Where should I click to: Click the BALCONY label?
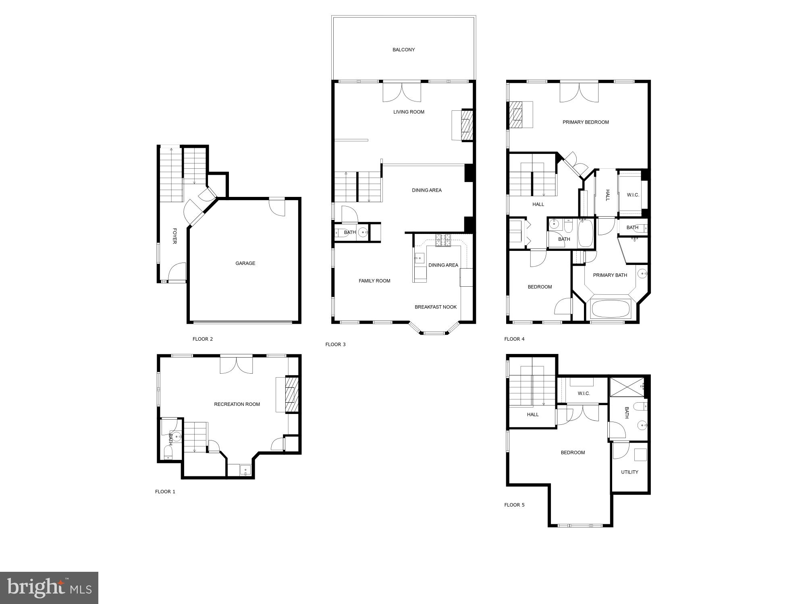tap(403, 50)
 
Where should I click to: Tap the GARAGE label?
tap(245, 263)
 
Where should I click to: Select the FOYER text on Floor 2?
tap(174, 236)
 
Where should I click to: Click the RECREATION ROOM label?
tap(237, 404)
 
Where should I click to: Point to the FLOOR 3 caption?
tap(335, 344)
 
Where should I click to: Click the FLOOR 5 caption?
tap(514, 505)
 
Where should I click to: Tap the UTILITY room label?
tap(629, 472)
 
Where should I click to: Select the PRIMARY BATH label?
tap(610, 275)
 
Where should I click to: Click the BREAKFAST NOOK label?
tap(436, 307)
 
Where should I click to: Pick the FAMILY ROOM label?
tap(374, 281)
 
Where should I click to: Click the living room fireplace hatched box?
tap(466, 125)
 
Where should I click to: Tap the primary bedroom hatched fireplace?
tap(515, 115)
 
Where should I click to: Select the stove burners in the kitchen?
tap(442, 240)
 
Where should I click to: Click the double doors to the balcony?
tap(401, 92)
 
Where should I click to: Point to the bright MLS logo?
tap(49, 587)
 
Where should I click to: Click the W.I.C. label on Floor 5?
tap(584, 393)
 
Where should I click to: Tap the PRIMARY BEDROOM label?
tap(586, 122)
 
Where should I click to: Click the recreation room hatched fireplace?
tap(291, 395)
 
